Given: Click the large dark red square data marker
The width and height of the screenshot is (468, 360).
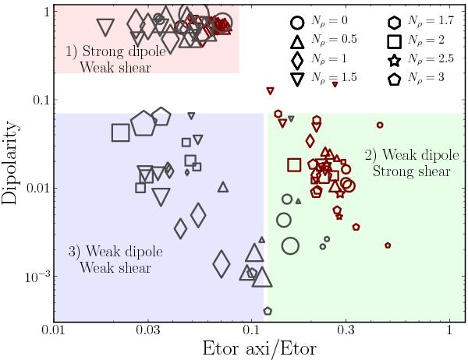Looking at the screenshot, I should (x=294, y=164).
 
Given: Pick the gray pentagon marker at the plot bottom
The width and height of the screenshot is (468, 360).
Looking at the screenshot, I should (x=268, y=310).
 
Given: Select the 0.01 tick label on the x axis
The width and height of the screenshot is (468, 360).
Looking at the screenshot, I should (x=53, y=333).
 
